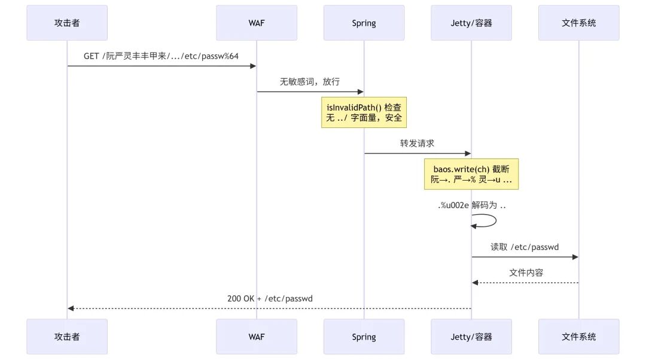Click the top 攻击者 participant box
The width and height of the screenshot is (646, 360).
click(67, 23)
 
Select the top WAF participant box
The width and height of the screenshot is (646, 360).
click(257, 23)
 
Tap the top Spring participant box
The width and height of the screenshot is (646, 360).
click(364, 23)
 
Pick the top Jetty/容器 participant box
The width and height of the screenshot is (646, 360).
click(471, 23)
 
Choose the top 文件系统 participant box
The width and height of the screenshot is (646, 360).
click(579, 23)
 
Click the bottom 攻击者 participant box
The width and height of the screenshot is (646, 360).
click(67, 337)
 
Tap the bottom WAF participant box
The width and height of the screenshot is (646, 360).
click(257, 337)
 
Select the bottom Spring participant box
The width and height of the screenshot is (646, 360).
click(364, 337)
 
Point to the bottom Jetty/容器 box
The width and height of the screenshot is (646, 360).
click(471, 337)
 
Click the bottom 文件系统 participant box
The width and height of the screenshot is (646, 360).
click(579, 337)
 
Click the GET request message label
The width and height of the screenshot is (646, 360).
click(161, 56)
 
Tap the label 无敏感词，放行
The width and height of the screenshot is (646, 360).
click(310, 81)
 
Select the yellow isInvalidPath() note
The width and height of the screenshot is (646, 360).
click(364, 112)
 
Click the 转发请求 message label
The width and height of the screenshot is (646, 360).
click(417, 144)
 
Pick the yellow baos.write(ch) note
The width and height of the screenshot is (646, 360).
click(471, 174)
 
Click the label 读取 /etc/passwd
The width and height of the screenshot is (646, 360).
click(525, 247)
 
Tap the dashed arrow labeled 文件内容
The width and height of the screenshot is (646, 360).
click(525, 283)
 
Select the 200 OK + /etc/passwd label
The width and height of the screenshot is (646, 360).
click(270, 298)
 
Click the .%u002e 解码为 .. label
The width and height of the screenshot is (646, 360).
click(472, 205)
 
